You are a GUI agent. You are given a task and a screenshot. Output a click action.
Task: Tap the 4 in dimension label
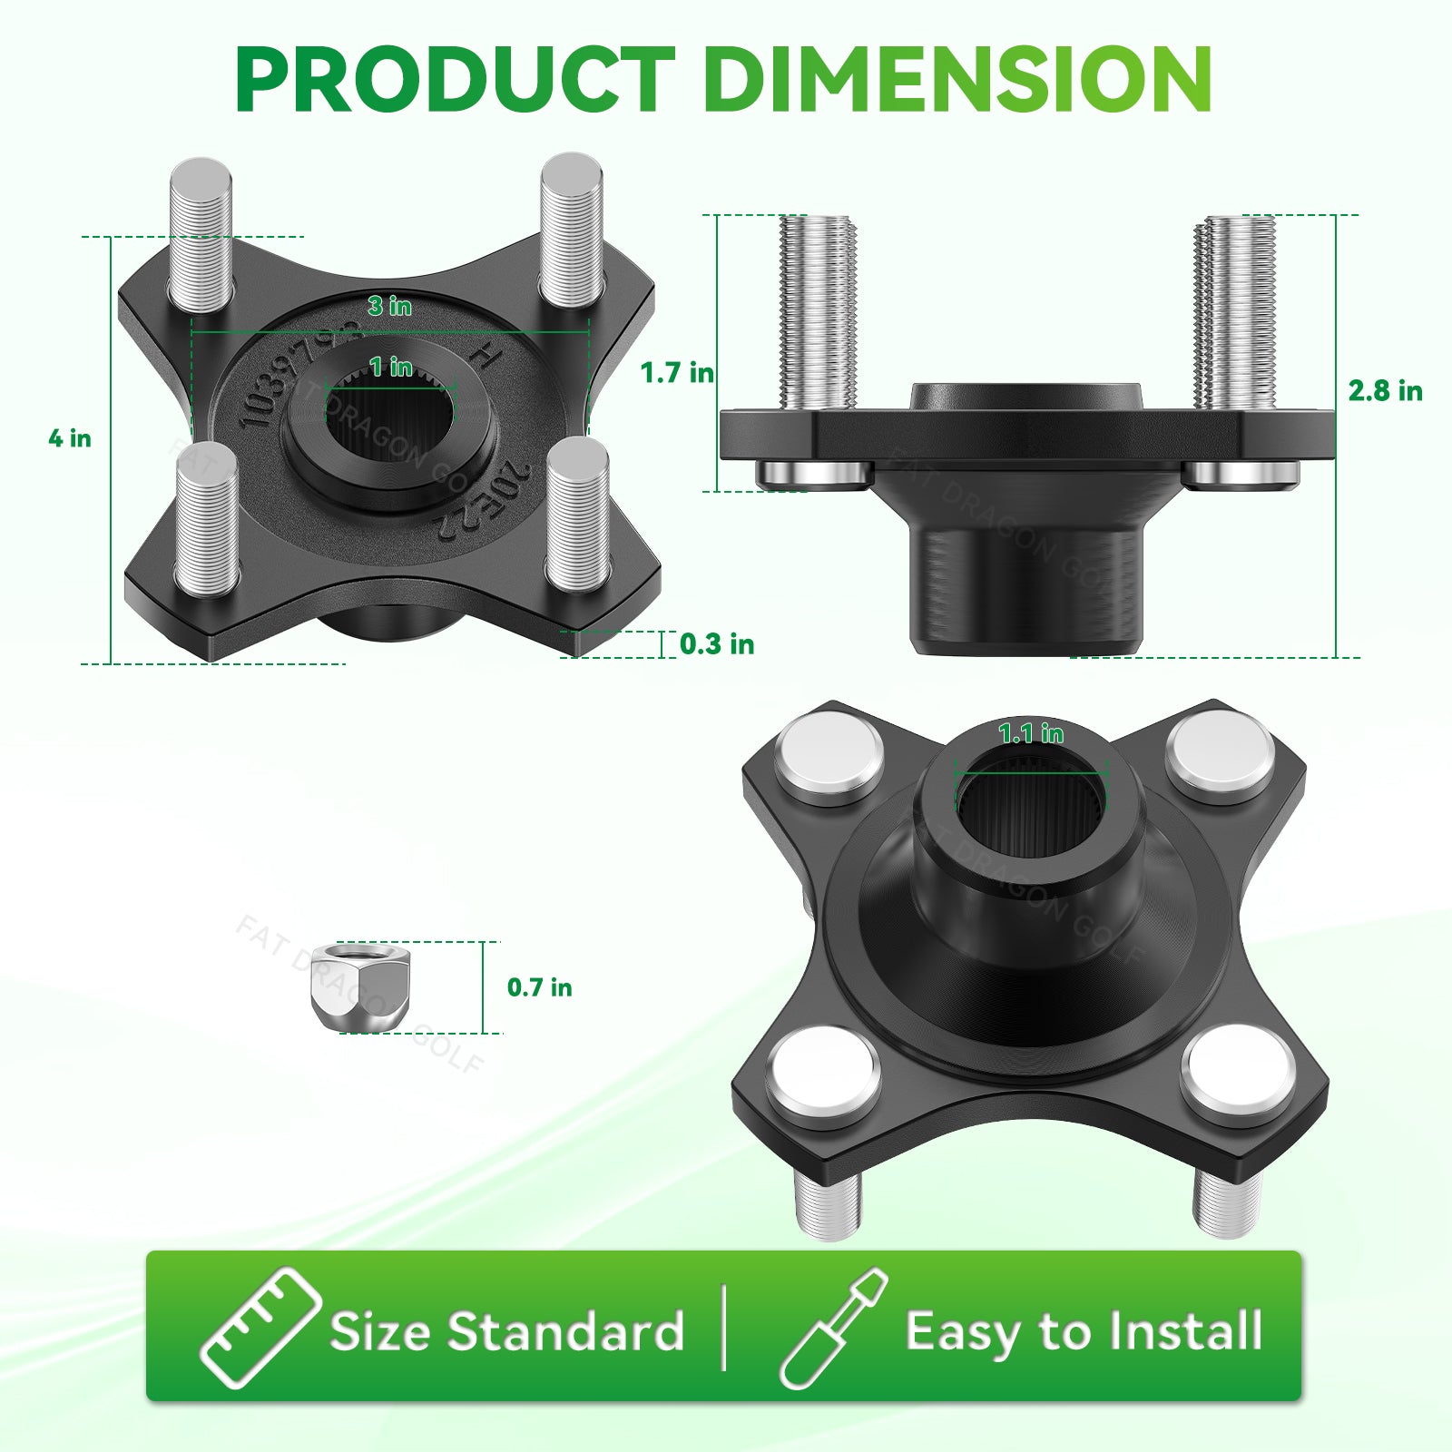(70, 438)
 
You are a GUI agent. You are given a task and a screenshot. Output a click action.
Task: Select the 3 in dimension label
(389, 307)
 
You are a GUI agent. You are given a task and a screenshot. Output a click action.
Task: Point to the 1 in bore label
(391, 368)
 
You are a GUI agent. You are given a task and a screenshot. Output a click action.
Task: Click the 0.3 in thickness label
(717, 644)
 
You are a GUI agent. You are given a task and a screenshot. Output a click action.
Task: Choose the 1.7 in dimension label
(676, 373)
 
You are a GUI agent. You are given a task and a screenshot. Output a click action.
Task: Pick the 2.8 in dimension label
(1385, 391)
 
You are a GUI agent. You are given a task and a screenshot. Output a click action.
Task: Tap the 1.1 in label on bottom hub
(1031, 733)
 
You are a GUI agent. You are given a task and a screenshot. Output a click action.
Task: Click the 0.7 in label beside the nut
(539, 987)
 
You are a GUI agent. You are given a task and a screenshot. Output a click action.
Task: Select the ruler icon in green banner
(260, 1329)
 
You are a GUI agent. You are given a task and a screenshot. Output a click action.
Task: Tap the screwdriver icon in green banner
(832, 1329)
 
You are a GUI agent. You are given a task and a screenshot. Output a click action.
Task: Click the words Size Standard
(506, 1332)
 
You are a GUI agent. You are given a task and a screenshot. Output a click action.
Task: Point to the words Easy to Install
(1084, 1332)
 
